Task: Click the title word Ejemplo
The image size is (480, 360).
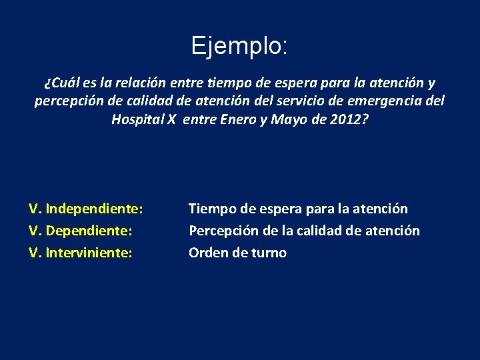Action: (239, 46)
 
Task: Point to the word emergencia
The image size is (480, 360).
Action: (382, 101)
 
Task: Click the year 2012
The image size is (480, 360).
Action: (348, 119)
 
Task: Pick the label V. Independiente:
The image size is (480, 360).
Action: (86, 209)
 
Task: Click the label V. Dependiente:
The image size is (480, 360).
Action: (82, 231)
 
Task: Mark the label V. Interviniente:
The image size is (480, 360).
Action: (81, 253)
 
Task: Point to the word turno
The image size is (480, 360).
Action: (268, 253)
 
